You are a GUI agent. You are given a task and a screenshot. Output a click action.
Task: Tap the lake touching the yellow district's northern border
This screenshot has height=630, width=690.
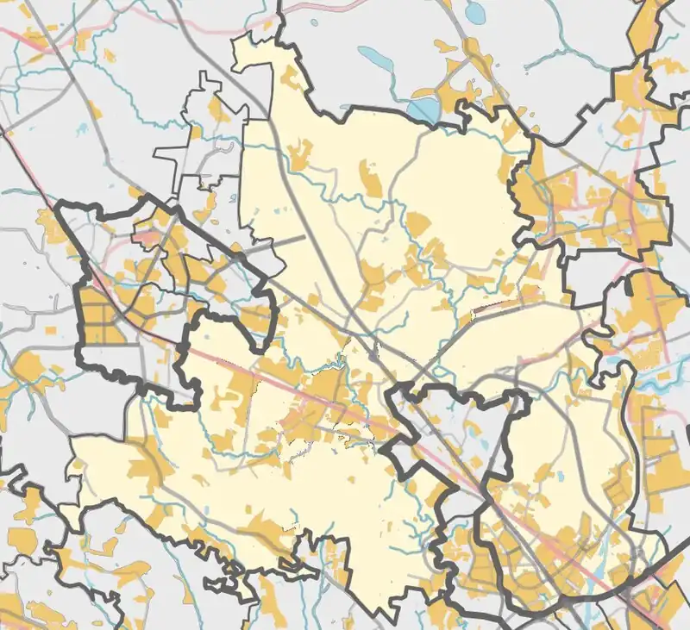pyautogui.click(x=424, y=109)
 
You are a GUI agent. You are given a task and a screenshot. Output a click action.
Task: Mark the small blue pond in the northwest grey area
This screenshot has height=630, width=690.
pyautogui.click(x=82, y=129)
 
